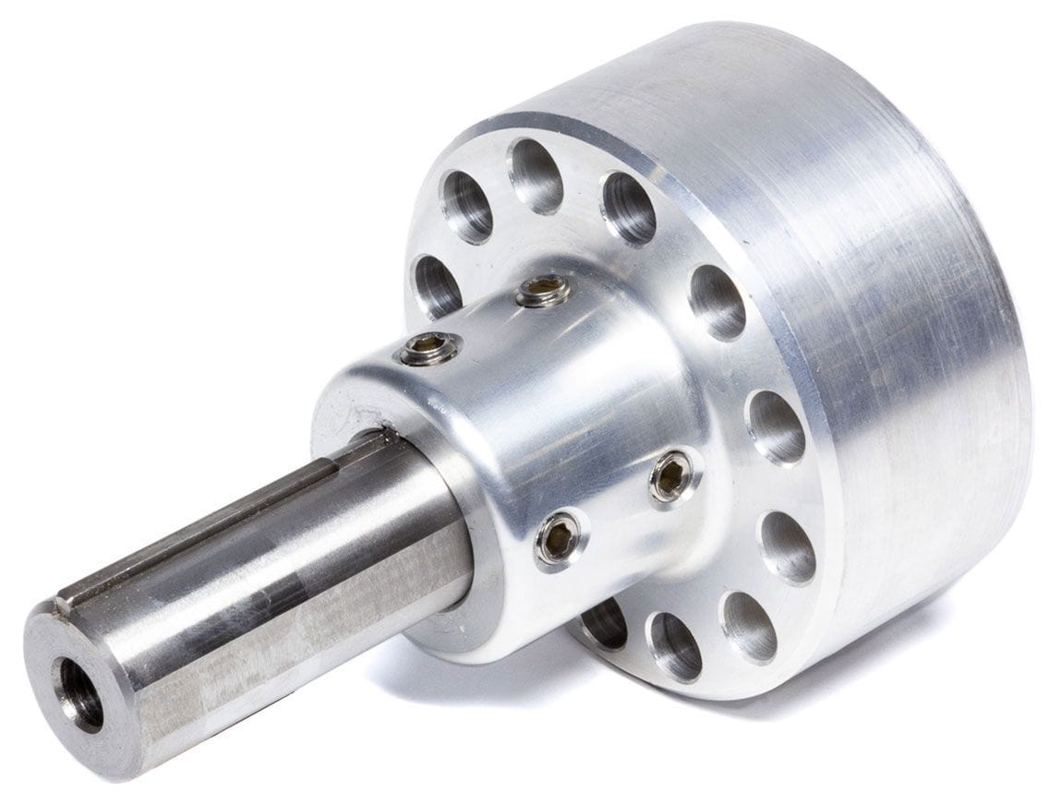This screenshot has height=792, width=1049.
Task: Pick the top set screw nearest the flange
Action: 542,291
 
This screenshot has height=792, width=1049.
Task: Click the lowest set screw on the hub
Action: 560,538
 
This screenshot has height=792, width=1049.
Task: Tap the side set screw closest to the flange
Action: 672,475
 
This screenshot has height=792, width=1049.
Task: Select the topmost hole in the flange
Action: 537,175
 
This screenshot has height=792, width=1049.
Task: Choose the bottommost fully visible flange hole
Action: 675,645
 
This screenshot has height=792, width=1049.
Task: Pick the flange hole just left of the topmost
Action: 467,206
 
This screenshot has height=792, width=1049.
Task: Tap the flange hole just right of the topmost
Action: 629,208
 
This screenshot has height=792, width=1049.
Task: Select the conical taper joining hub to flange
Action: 646,369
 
